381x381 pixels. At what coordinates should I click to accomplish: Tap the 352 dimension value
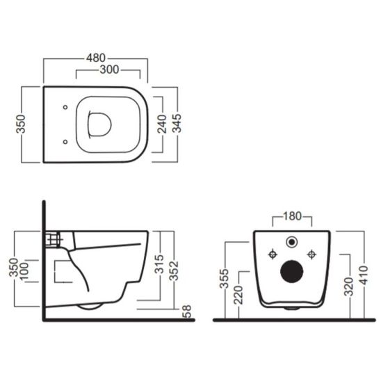175,268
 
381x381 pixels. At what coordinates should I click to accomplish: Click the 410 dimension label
362,277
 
